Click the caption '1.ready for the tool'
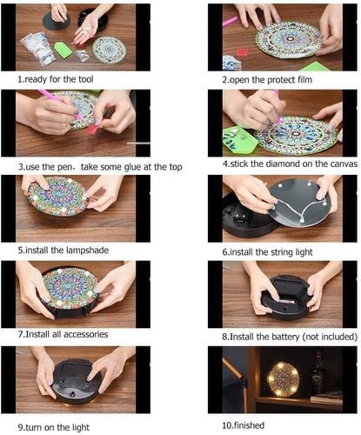(x=56, y=79)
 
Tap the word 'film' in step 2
(x=304, y=80)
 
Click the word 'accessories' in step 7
(x=86, y=334)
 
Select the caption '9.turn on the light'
(x=54, y=427)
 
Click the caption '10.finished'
(x=244, y=425)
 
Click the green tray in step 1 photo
(x=63, y=49)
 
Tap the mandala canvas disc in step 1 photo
(x=109, y=49)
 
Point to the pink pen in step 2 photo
(x=231, y=21)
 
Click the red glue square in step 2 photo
(x=243, y=52)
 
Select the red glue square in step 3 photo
(x=91, y=129)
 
